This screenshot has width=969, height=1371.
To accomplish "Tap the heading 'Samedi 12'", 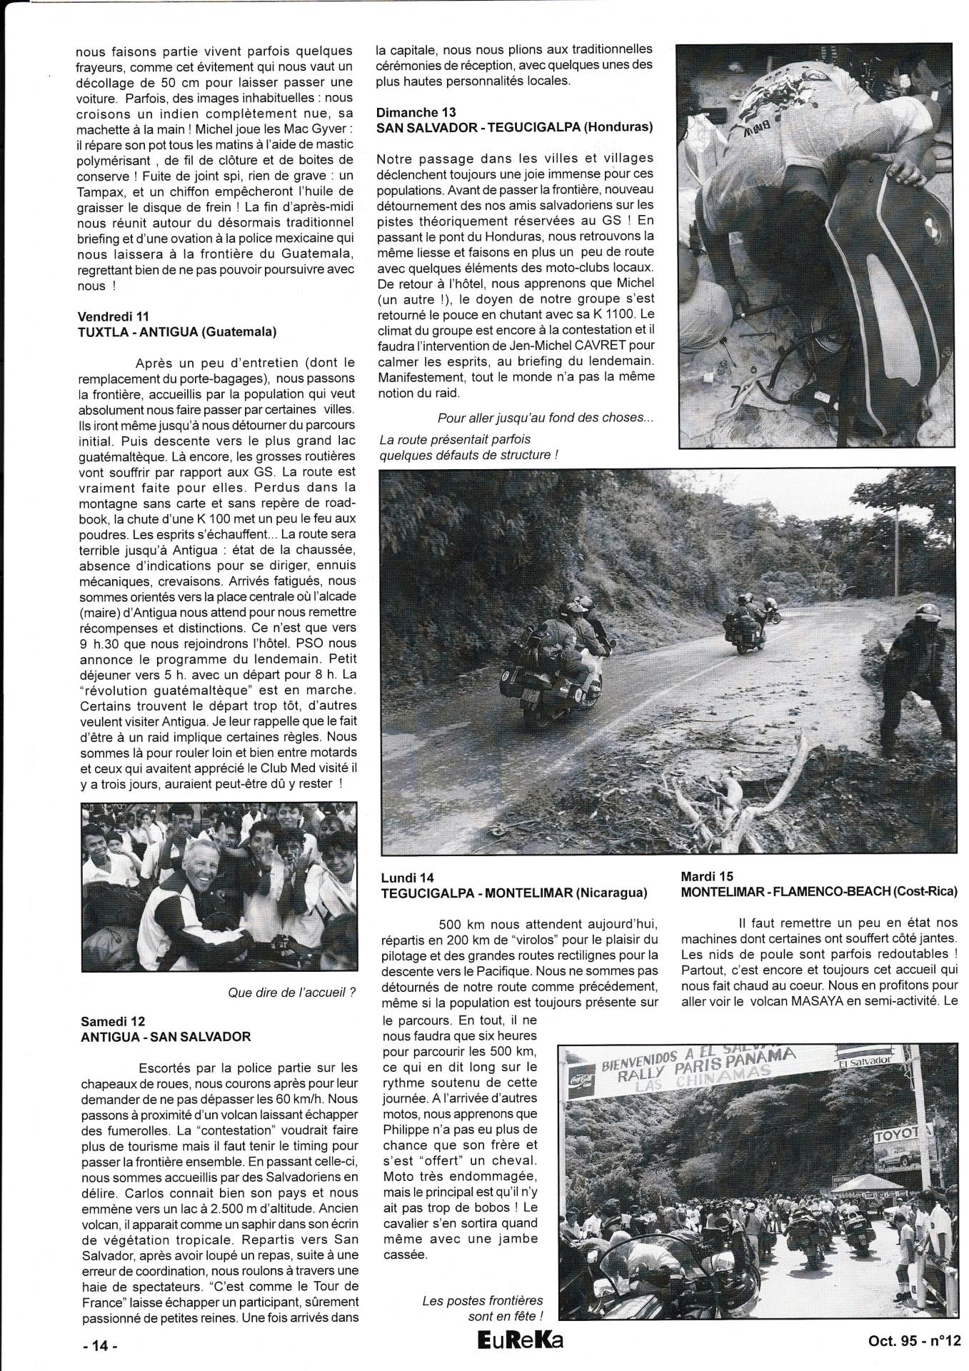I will point(113,1022).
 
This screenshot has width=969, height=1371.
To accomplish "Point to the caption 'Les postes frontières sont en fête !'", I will point(483,1308).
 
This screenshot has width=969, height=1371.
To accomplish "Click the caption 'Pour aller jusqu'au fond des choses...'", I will point(545,418).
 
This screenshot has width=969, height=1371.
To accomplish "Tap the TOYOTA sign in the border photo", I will point(902,1135).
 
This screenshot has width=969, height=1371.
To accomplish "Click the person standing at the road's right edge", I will point(908,671).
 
